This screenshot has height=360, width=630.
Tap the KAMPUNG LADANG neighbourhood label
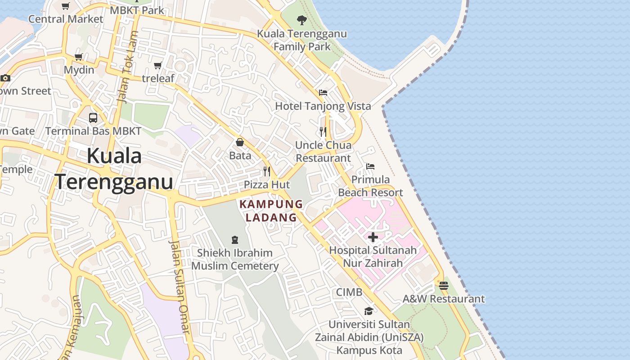pos(271,211)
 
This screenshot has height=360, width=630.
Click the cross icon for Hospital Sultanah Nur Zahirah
pos(373,237)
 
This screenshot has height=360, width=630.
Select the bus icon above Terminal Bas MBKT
pos(93,118)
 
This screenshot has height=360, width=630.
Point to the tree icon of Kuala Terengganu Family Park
pos(301,20)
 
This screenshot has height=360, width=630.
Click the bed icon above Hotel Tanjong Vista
pos(323,93)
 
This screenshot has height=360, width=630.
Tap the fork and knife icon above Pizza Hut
pos(267,171)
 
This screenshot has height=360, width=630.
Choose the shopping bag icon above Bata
pos(240,142)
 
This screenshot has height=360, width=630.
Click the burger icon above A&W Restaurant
pos(443,285)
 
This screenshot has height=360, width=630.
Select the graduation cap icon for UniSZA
pos(369,311)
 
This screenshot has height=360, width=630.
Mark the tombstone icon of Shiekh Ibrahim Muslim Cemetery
pos(234,239)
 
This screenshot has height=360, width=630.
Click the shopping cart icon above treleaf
pos(158,66)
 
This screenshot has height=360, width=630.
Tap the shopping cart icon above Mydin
pos(79,57)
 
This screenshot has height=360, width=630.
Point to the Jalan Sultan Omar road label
pos(179,287)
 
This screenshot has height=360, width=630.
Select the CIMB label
pos(349,292)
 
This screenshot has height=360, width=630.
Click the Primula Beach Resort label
pos(370,186)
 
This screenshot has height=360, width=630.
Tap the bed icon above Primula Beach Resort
pos(370,166)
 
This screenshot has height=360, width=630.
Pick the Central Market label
pos(66,19)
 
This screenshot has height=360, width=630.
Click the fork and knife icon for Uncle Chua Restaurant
pos(323,131)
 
